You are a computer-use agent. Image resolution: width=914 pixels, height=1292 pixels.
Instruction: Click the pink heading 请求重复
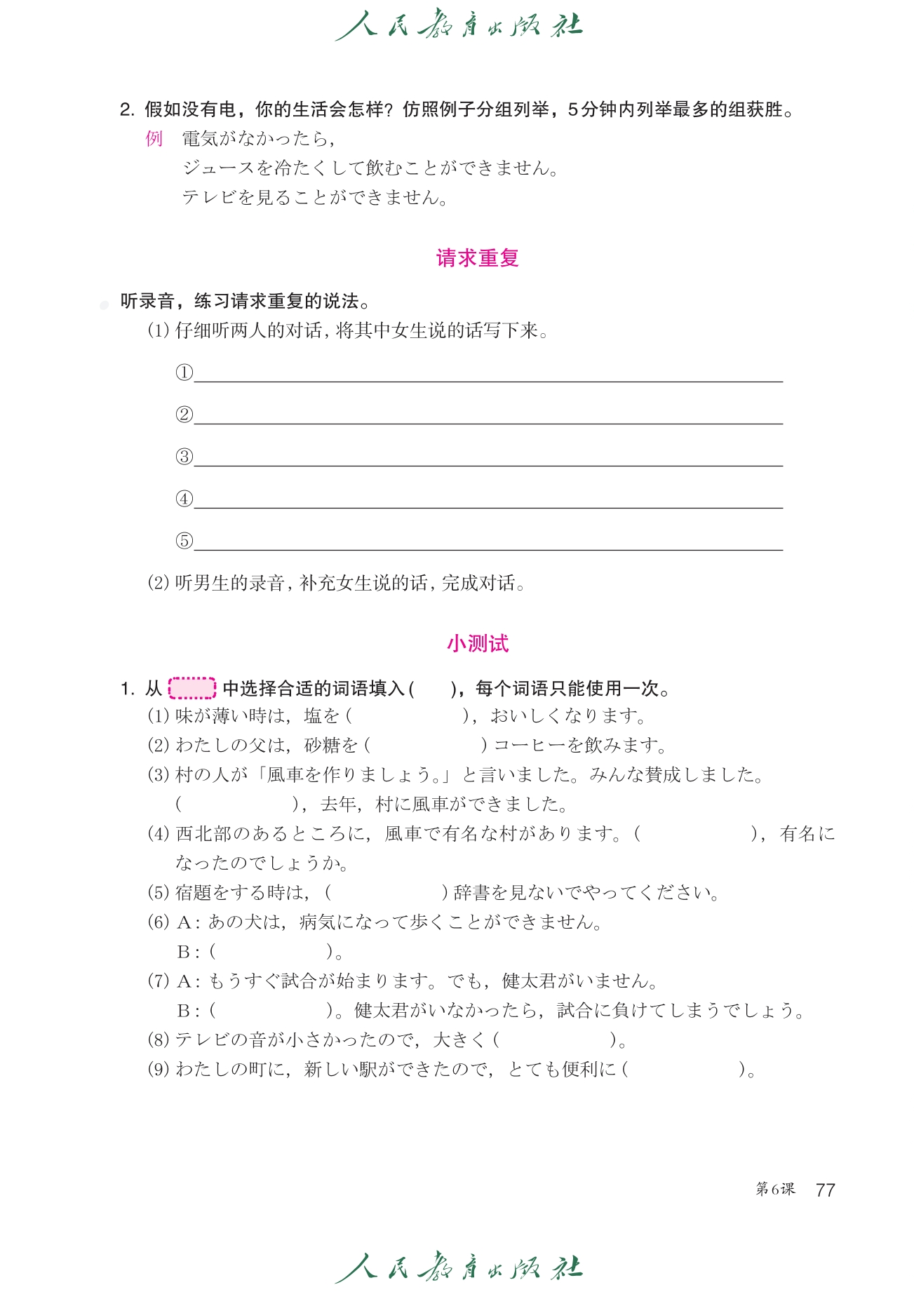pos(477,258)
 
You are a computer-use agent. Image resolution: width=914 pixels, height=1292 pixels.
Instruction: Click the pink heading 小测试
pos(477,643)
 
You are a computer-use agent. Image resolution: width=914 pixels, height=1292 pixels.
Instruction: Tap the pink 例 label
pos(154,139)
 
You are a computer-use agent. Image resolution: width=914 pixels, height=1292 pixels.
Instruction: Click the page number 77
pos(826,1190)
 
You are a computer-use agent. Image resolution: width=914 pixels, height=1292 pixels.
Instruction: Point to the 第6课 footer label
pos(775,1189)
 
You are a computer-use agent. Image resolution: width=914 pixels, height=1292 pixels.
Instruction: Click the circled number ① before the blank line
pos(184,372)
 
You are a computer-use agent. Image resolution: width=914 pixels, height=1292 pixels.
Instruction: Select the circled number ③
pos(184,457)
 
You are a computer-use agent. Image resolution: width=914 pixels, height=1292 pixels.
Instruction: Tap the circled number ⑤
pos(184,541)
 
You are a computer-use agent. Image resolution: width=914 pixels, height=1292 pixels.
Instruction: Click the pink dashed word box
pos(192,688)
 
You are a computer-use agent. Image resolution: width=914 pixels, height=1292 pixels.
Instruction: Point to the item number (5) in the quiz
pos(159,893)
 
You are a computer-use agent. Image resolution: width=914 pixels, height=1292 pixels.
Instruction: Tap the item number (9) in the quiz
pos(159,1070)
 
